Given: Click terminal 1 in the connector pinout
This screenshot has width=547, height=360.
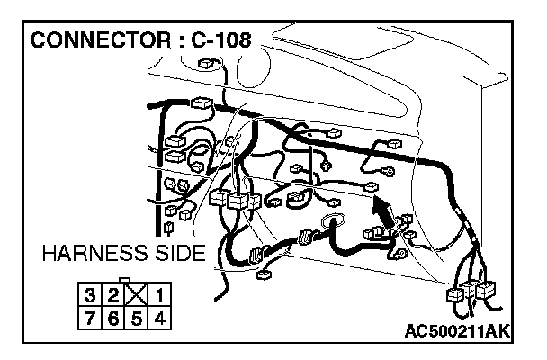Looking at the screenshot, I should [x=158, y=295].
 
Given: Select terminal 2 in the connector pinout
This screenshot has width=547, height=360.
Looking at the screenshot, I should [x=112, y=295].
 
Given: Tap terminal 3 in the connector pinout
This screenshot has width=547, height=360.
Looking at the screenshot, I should [x=91, y=295].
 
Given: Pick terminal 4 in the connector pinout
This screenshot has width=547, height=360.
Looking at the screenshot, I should [x=158, y=317].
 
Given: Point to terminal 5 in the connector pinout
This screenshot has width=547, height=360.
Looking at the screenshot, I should [x=135, y=317].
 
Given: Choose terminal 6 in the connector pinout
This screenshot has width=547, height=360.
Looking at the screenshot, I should [x=112, y=317].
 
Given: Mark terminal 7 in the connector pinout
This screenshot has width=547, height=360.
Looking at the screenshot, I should [x=91, y=317].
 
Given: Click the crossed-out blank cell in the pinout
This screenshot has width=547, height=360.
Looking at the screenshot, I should [x=135, y=295].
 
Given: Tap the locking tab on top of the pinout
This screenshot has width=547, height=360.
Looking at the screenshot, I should [x=125, y=282].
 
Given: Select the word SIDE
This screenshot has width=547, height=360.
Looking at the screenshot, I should [x=181, y=254].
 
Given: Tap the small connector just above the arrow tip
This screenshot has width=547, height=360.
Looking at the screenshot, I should [x=370, y=186].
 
